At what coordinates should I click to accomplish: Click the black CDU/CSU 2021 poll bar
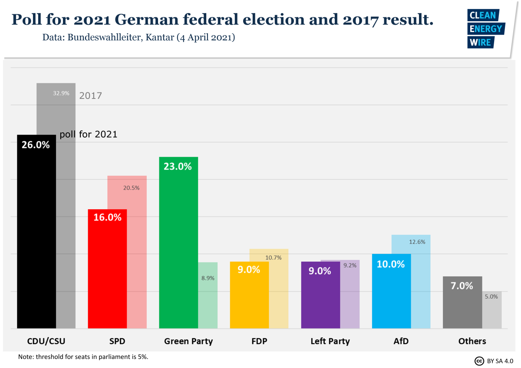(x=36, y=234)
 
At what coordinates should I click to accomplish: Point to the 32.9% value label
(x=61, y=93)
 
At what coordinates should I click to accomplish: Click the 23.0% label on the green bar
(x=178, y=166)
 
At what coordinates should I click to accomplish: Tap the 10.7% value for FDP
(x=274, y=257)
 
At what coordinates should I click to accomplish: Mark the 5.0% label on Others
(x=491, y=297)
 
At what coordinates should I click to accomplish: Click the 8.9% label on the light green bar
(x=208, y=278)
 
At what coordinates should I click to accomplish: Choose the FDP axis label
(x=259, y=341)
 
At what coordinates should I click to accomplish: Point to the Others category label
(x=472, y=341)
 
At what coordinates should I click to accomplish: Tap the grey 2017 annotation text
(x=90, y=95)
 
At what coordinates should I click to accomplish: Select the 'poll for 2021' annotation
(x=89, y=135)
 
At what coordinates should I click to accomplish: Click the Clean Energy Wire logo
(x=485, y=29)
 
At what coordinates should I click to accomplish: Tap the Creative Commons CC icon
(x=479, y=361)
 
